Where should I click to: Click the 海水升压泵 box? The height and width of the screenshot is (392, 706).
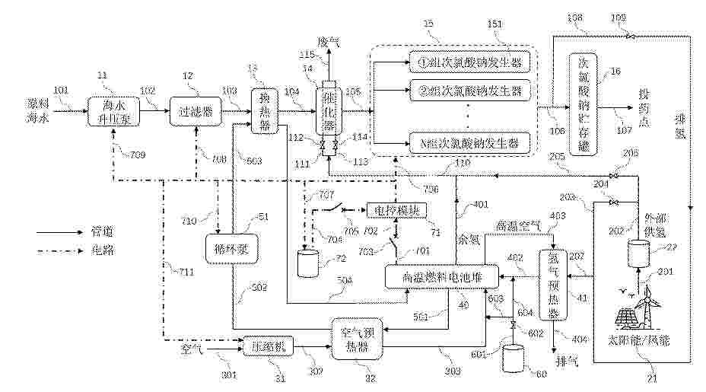point(110,111)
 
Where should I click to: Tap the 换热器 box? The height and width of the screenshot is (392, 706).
point(264,111)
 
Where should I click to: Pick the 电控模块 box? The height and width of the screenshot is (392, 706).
point(396,209)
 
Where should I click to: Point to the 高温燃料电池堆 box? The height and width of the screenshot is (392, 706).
point(441,276)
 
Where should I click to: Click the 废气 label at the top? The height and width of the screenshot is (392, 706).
point(329,40)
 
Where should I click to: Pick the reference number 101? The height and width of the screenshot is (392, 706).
point(62,90)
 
